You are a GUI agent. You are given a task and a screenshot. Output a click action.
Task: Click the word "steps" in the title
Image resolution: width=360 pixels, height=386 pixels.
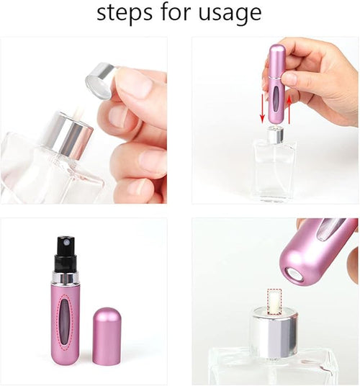[125, 12]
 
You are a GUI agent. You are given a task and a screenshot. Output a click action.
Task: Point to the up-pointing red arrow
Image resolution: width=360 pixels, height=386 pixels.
[287, 107]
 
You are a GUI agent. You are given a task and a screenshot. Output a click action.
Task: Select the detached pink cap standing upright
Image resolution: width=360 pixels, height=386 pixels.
[107, 335]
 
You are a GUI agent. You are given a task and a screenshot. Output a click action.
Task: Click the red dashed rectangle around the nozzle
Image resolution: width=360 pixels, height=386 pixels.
[274, 301]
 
